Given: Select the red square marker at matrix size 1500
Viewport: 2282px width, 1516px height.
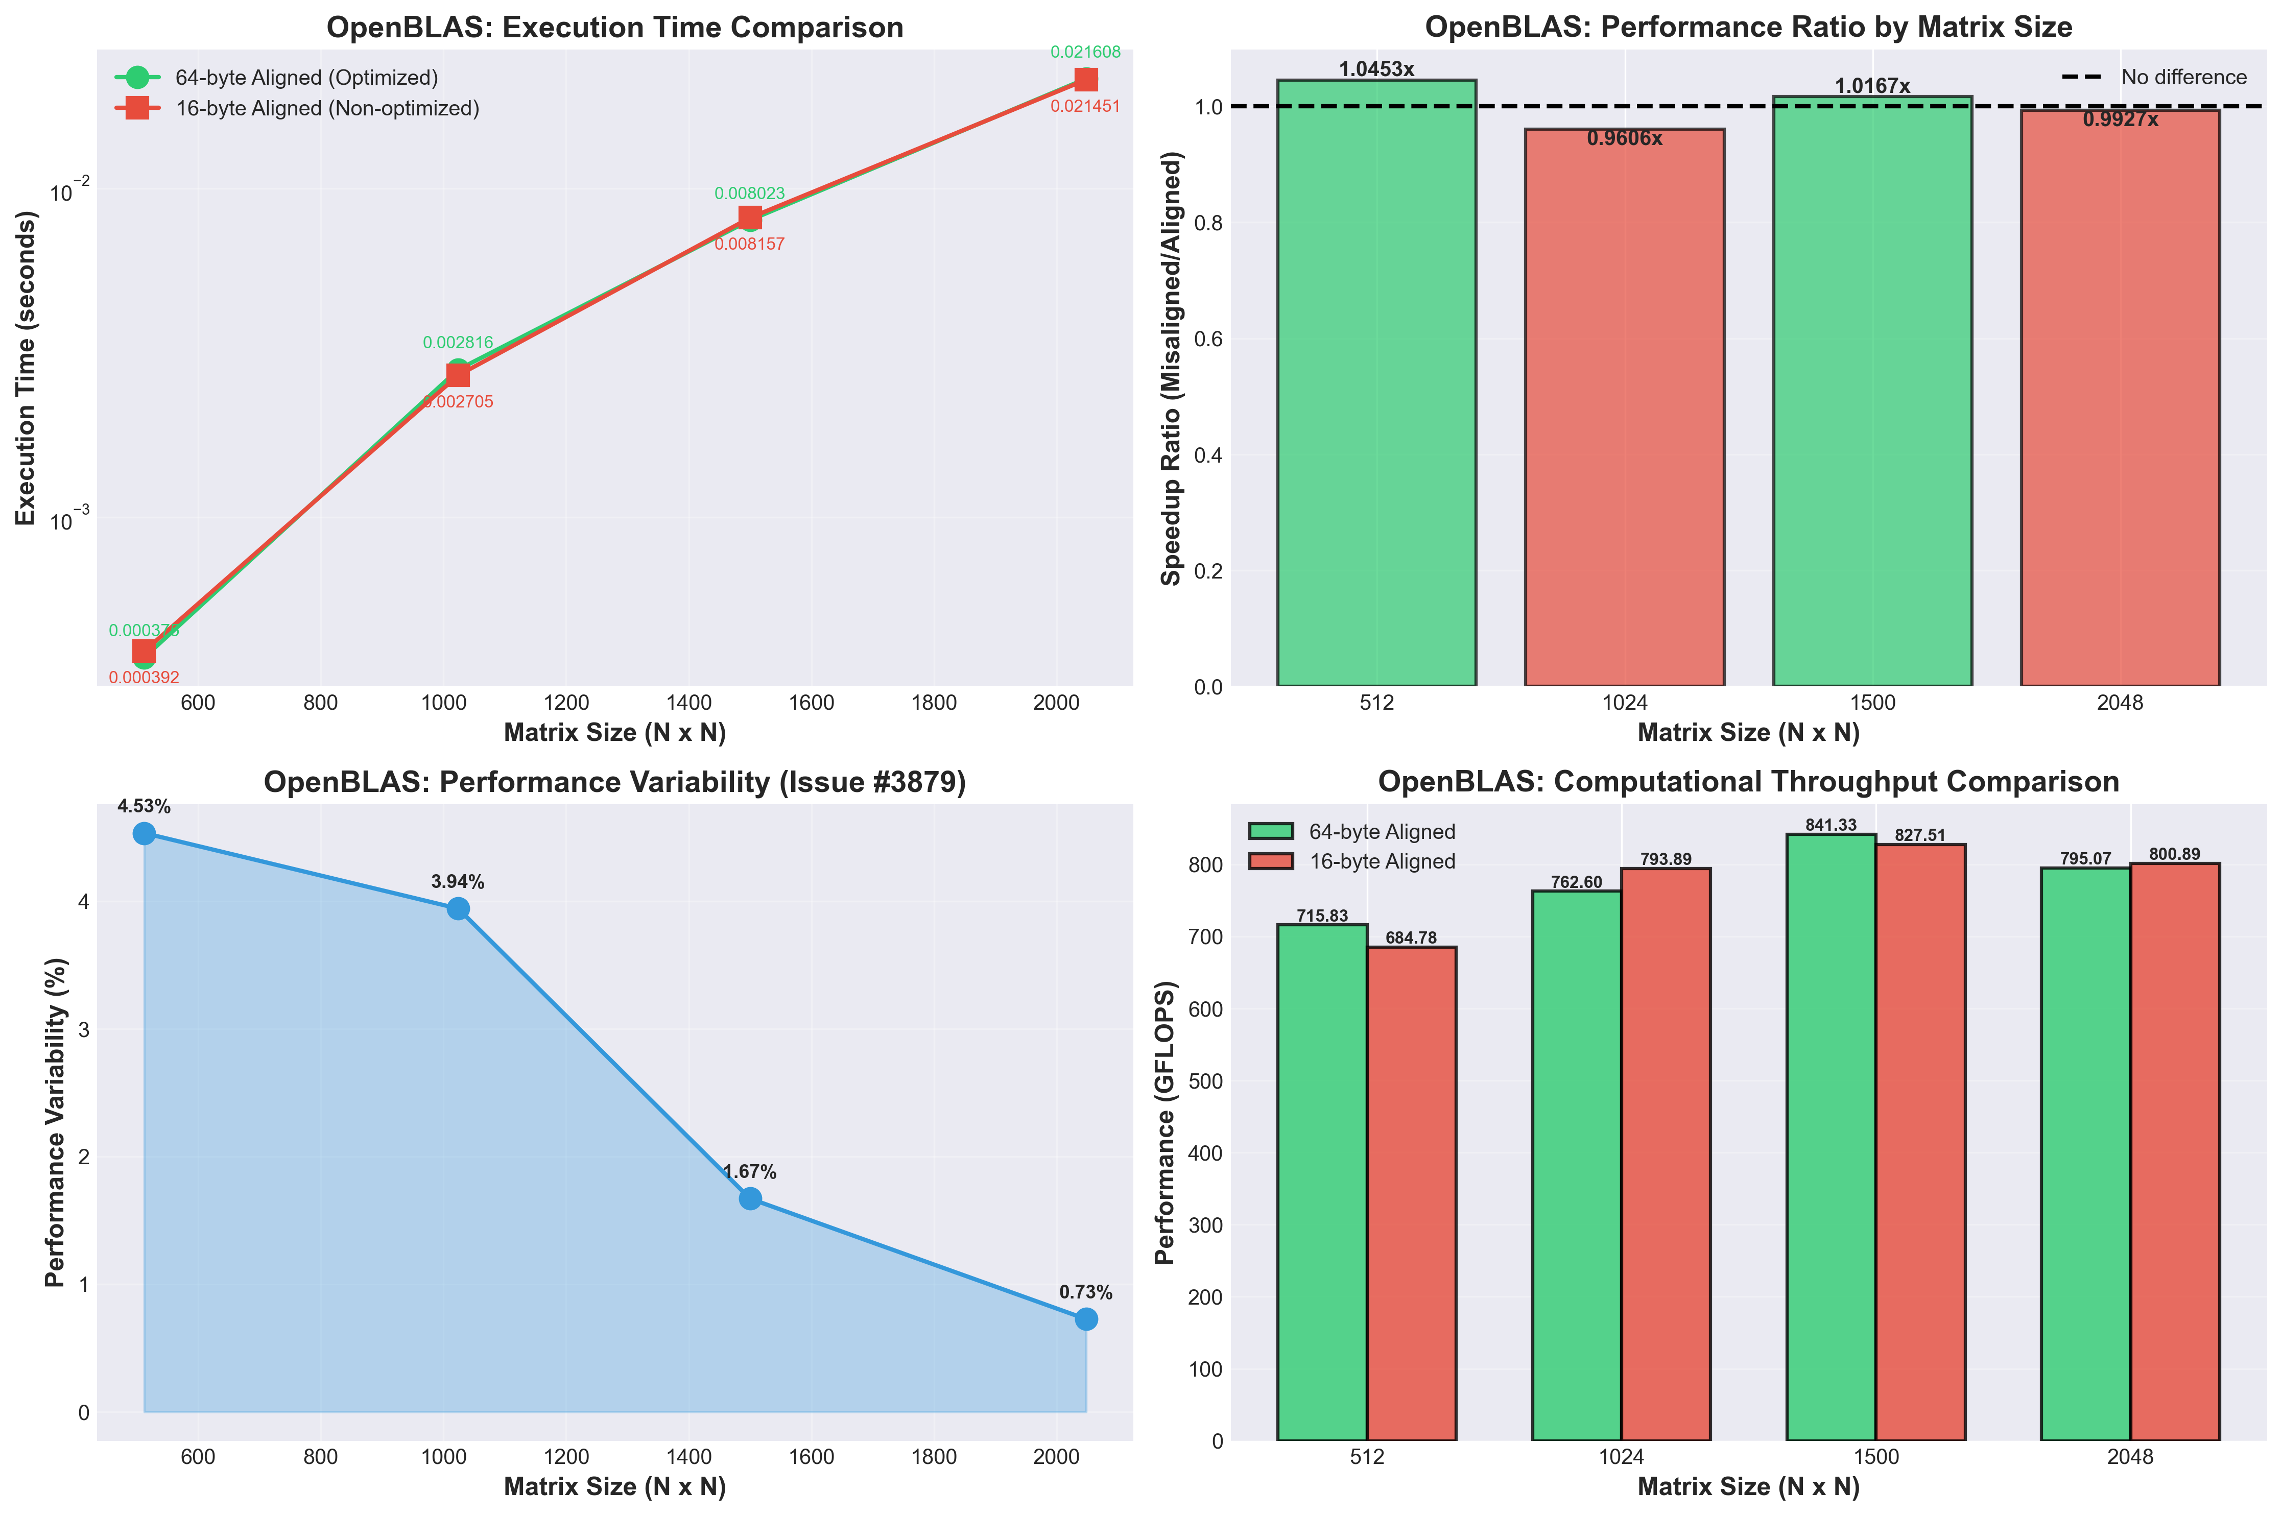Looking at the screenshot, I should click(749, 218).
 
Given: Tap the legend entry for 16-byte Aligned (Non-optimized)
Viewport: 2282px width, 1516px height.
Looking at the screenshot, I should click(327, 108).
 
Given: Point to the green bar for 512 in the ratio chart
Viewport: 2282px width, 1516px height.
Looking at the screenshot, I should click(1376, 387).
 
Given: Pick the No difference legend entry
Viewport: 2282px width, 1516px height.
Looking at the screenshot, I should click(2183, 77).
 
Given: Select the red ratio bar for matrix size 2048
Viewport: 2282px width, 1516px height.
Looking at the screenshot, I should click(2120, 406).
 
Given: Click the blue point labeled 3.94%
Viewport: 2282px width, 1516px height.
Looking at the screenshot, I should click(458, 909).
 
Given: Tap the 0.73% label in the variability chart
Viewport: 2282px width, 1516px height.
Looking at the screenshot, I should click(1085, 1293).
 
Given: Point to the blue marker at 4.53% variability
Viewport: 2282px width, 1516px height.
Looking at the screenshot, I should click(144, 833).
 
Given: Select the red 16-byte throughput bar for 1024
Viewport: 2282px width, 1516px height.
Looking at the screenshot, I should click(1665, 1150).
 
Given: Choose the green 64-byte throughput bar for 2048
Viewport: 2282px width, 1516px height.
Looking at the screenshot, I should click(2086, 1150).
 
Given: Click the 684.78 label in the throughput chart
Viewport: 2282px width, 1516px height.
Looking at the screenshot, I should click(1411, 938).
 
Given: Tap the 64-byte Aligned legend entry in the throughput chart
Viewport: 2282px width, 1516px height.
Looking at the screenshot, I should click(1381, 831).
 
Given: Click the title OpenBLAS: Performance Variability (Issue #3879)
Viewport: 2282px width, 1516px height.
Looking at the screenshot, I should click(615, 782).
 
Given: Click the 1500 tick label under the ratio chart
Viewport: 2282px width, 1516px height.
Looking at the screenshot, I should click(1872, 703).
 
